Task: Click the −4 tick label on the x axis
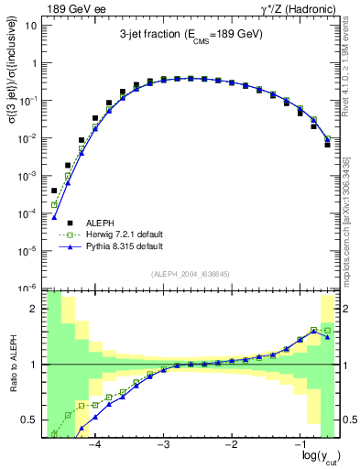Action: point(93,443)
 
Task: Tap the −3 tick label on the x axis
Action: point(162,443)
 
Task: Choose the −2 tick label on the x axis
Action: point(231,443)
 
